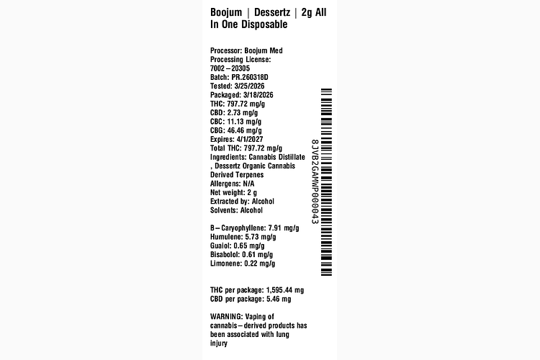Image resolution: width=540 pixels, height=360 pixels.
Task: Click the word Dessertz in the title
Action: click(x=272, y=12)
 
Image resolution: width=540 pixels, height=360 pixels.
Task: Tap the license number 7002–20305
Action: click(x=230, y=68)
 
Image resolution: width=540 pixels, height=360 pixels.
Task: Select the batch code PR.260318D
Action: click(x=250, y=77)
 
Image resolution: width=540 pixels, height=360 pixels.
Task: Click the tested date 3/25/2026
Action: click(x=249, y=86)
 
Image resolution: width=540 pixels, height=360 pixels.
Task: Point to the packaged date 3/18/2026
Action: click(x=258, y=95)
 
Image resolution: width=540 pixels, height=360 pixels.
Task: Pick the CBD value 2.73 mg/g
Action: click(x=243, y=113)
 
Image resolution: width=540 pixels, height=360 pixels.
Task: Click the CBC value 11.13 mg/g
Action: click(x=244, y=122)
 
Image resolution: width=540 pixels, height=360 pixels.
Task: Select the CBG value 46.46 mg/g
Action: click(x=245, y=130)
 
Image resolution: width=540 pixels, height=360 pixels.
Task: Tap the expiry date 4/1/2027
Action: click(x=250, y=140)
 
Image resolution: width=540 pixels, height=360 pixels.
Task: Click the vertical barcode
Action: click(x=326, y=182)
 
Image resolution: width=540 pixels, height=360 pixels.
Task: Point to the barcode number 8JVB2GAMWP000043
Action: click(x=315, y=182)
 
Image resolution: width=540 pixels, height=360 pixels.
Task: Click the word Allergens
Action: click(x=225, y=184)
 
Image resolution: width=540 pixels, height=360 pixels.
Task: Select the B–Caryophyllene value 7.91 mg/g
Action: click(x=284, y=228)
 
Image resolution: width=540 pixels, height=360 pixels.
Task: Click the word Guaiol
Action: click(x=221, y=246)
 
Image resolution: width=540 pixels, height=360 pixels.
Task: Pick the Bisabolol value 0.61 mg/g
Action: click(x=258, y=255)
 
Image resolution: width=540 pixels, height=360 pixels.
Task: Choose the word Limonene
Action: click(x=226, y=264)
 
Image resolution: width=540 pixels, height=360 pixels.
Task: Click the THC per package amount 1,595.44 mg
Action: click(x=285, y=290)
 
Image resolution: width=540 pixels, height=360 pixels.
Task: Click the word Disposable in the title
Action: click(x=264, y=24)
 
